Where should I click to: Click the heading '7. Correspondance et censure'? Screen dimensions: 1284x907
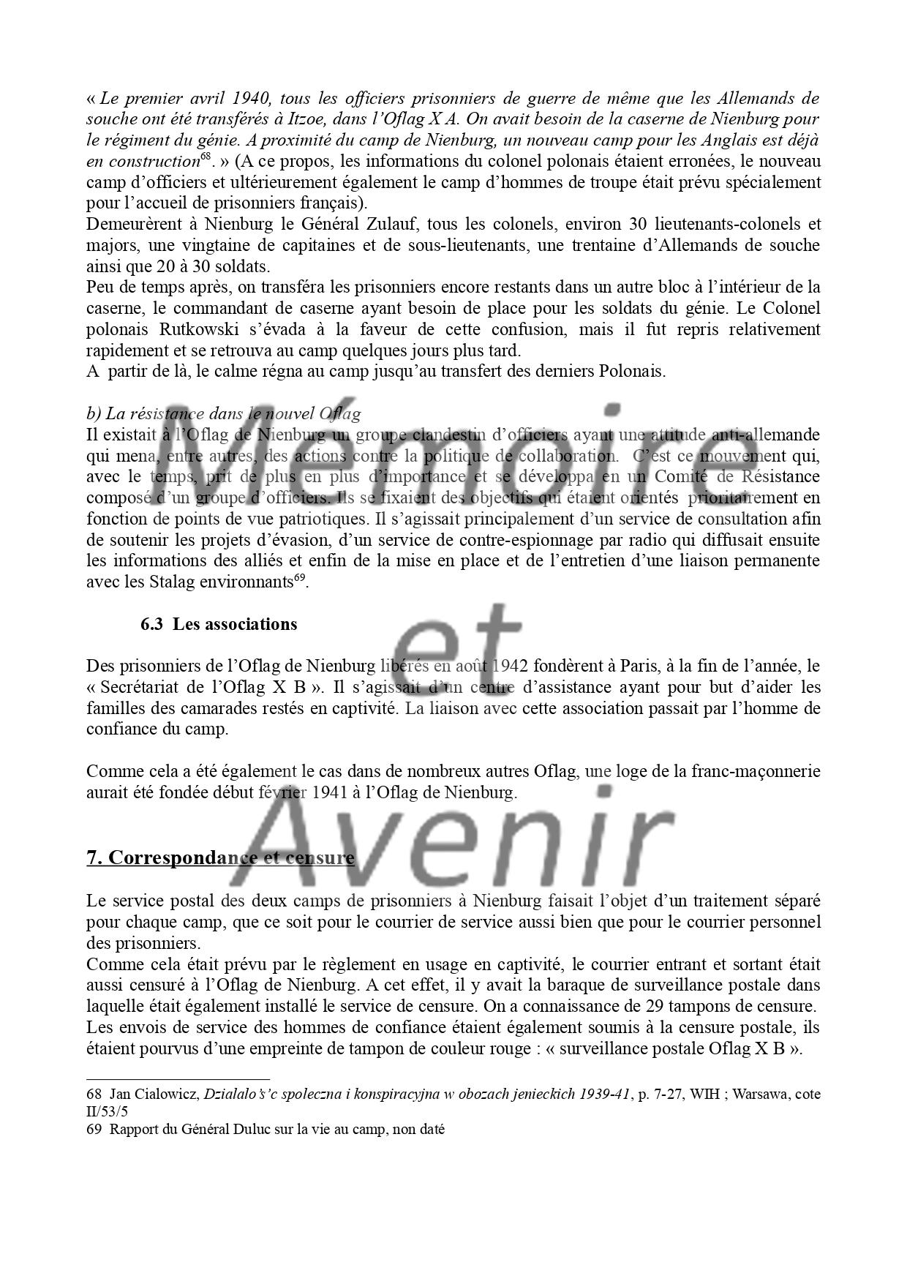pyautogui.click(x=220, y=857)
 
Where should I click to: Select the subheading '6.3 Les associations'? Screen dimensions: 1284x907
pyautogui.click(x=219, y=624)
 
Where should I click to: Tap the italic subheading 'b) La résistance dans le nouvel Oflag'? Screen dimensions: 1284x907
pyautogui.click(x=223, y=414)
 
